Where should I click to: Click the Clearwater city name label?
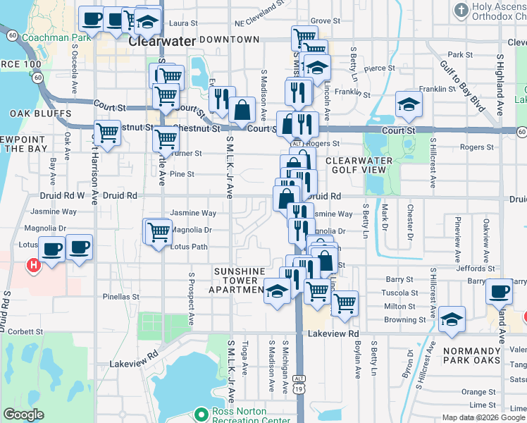161,41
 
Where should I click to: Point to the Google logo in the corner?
23,415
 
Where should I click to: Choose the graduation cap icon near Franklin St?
408,105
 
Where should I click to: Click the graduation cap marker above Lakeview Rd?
451,319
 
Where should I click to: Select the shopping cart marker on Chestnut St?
107,132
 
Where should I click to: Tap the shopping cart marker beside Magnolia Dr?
159,231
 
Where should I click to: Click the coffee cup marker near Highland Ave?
500,290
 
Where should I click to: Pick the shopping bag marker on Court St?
242,110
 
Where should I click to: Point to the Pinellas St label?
120,297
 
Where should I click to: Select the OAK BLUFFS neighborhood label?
41,114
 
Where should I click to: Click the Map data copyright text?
483,417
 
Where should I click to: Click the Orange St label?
478,391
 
